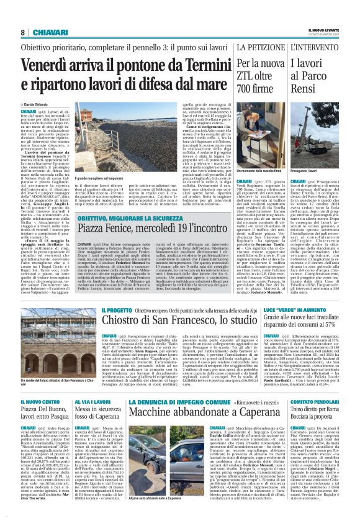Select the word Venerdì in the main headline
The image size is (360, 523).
click(x=50, y=64)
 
